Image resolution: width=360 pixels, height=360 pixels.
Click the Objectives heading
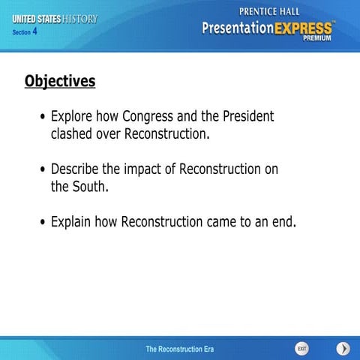click(x=60, y=81)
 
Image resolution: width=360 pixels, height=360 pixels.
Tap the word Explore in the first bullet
click(x=73, y=117)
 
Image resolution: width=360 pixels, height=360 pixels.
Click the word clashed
click(x=73, y=135)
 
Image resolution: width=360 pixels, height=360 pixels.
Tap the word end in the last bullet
click(x=282, y=222)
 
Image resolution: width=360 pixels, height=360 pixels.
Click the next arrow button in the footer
click(x=343, y=349)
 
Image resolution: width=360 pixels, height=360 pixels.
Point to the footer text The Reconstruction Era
click(x=175, y=349)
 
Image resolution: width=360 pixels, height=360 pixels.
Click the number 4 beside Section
click(x=34, y=31)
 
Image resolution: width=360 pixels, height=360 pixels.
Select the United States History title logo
click(x=54, y=19)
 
